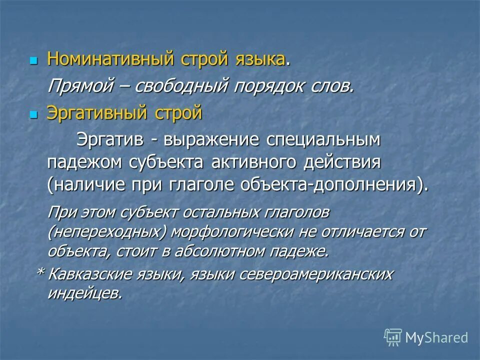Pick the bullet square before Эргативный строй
point(33,114)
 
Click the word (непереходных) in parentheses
point(108,231)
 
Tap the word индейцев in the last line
point(84,293)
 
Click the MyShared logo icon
point(393,337)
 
